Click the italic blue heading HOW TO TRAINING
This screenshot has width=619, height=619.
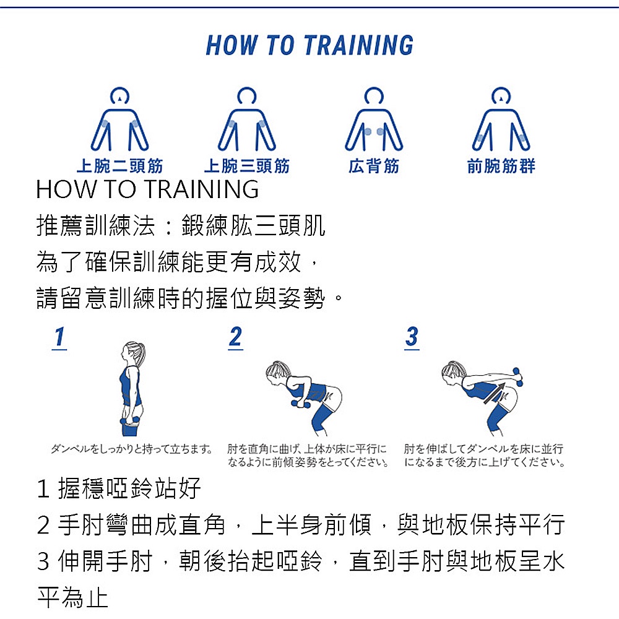[x=309, y=45]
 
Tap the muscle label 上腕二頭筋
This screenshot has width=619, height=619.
[x=119, y=166]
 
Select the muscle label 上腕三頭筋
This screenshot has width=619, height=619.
[x=247, y=166]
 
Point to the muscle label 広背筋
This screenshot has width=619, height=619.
[x=374, y=166]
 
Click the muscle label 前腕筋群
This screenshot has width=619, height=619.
[x=501, y=166]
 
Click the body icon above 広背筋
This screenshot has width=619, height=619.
[x=374, y=119]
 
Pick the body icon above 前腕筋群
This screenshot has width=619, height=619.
[x=501, y=119]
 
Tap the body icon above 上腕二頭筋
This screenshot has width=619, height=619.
[x=119, y=119]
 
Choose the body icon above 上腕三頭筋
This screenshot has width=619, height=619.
[x=247, y=119]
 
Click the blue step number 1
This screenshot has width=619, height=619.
[x=59, y=338]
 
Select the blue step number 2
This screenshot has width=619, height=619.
[x=236, y=338]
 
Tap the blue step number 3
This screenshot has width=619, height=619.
[x=412, y=338]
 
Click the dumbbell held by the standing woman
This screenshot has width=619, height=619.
[x=131, y=421]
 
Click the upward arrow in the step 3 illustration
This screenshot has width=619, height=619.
[x=495, y=393]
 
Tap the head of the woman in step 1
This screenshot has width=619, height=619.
[x=133, y=352]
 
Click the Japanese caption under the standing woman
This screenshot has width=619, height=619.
[x=131, y=449]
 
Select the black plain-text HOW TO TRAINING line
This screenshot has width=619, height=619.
[x=147, y=189]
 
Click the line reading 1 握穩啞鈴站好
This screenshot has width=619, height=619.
[x=119, y=488]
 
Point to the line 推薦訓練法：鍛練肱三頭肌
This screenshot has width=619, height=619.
[x=180, y=225]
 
